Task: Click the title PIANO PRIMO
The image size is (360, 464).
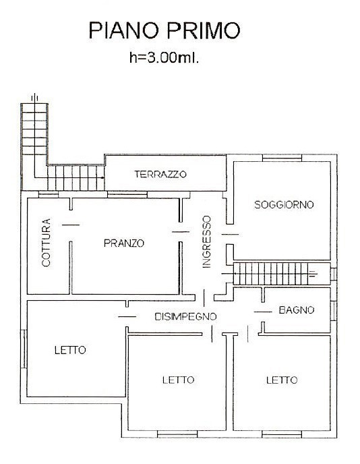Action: coord(164,31)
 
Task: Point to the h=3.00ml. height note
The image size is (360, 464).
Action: coord(164,57)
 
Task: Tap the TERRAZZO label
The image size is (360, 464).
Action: coord(160,175)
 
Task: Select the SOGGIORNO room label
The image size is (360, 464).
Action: coord(283,205)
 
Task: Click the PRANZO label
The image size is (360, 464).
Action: coord(123,243)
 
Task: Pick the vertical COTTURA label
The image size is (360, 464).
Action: coord(47,243)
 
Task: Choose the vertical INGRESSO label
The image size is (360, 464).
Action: coord(207,242)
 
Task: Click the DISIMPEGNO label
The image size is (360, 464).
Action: coord(185,316)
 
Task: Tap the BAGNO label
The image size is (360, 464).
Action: coord(297,311)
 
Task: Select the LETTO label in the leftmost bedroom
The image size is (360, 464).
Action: coord(70,350)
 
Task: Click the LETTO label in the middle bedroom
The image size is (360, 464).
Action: coord(178,380)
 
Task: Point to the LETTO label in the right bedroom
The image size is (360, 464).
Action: coord(281,380)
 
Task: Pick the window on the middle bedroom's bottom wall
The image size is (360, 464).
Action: coord(177,432)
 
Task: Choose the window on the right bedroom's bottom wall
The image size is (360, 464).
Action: coord(281,432)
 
